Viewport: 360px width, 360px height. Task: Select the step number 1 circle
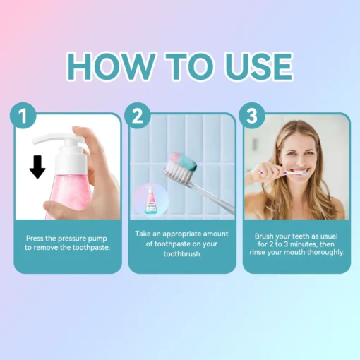(x=23, y=116)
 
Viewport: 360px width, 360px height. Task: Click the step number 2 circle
(x=138, y=116)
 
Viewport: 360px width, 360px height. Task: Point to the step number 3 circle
(x=252, y=116)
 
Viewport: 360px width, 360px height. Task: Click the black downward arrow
(x=37, y=167)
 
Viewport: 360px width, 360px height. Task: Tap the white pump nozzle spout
(x=47, y=138)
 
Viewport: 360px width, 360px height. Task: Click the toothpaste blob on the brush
(x=184, y=162)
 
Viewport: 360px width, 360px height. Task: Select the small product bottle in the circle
(x=151, y=200)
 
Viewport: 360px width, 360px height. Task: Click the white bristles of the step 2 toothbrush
(x=178, y=172)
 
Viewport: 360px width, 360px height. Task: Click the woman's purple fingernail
(x=285, y=173)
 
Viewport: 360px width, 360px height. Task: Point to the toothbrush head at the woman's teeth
(x=305, y=174)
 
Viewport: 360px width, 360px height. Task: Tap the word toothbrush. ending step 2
(x=183, y=254)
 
